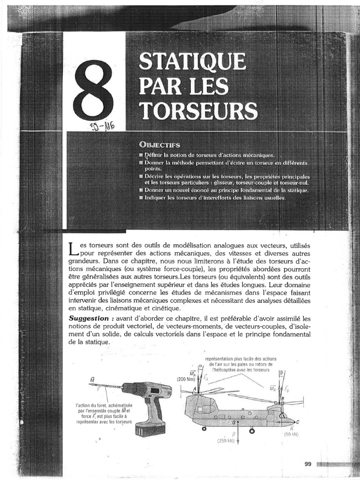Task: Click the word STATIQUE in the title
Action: point(192,62)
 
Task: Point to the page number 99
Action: point(308,464)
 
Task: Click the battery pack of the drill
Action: point(150,428)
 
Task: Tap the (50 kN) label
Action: point(291,435)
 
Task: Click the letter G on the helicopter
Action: point(234,422)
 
